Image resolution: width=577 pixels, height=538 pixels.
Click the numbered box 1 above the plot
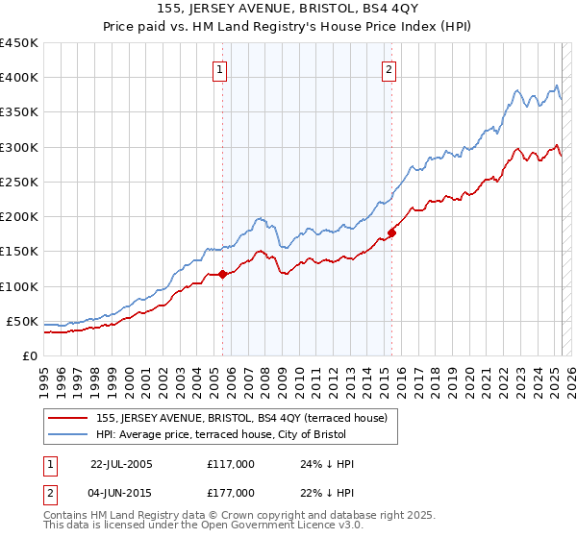pos(220,69)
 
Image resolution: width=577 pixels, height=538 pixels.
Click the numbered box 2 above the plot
pos(389,69)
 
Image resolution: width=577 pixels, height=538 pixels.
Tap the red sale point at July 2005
pos(222,274)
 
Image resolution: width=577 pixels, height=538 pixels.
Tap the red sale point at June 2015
pos(392,232)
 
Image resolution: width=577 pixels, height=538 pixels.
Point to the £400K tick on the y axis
pos(19,78)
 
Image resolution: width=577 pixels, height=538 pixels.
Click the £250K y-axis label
pos(19,182)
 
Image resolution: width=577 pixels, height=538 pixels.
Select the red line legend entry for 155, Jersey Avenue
pos(240,418)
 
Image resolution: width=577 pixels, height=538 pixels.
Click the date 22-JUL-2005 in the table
pos(121,463)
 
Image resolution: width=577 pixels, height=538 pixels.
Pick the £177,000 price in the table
pos(230,493)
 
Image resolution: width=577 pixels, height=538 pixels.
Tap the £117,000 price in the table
pos(230,463)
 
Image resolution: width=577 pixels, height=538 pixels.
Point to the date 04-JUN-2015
pos(121,493)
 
